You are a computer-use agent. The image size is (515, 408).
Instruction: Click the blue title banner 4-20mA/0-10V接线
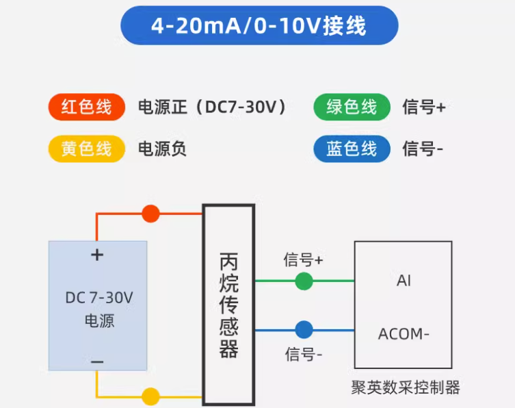click(x=259, y=26)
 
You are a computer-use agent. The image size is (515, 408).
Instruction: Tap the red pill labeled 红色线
click(x=86, y=107)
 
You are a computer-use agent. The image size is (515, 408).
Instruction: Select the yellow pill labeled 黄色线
click(x=86, y=149)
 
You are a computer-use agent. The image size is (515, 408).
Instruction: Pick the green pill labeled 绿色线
click(x=352, y=107)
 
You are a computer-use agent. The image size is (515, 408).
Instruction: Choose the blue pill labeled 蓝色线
click(x=352, y=149)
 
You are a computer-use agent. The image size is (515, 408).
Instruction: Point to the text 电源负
click(x=162, y=149)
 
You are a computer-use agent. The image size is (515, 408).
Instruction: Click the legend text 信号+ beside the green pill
click(x=424, y=107)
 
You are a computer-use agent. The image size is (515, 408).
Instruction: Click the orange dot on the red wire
click(x=150, y=214)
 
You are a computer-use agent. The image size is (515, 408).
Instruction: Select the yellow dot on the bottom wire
click(x=150, y=396)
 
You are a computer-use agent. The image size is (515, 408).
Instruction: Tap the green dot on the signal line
click(x=304, y=281)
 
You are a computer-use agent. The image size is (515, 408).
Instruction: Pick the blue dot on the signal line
click(x=304, y=331)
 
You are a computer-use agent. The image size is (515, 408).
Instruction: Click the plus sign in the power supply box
click(x=98, y=255)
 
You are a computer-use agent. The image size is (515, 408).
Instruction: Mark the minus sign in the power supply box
click(x=98, y=361)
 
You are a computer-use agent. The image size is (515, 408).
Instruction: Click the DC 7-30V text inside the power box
click(x=99, y=298)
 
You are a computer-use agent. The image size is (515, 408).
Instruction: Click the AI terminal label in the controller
click(x=404, y=281)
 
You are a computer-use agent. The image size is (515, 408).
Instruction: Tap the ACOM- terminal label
click(x=404, y=335)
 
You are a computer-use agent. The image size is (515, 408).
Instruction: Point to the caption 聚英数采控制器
click(x=406, y=388)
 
